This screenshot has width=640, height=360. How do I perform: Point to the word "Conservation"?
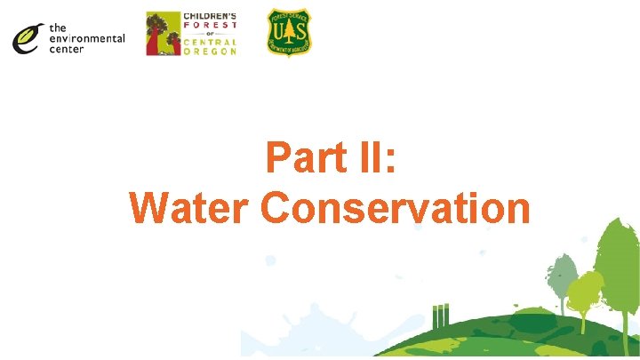(x=396, y=208)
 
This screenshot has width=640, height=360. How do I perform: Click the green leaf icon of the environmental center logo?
(x=27, y=37)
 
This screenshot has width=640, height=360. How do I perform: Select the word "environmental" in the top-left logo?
(x=86, y=39)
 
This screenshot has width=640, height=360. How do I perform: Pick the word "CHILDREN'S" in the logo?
(x=211, y=16)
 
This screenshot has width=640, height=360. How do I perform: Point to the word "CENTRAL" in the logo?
(x=211, y=42)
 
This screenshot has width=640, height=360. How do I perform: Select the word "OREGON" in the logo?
(x=211, y=52)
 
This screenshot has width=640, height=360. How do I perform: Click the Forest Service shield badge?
(x=290, y=33)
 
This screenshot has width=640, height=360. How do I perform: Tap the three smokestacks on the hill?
(x=441, y=315)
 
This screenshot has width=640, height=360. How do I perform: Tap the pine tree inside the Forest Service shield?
(x=290, y=36)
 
